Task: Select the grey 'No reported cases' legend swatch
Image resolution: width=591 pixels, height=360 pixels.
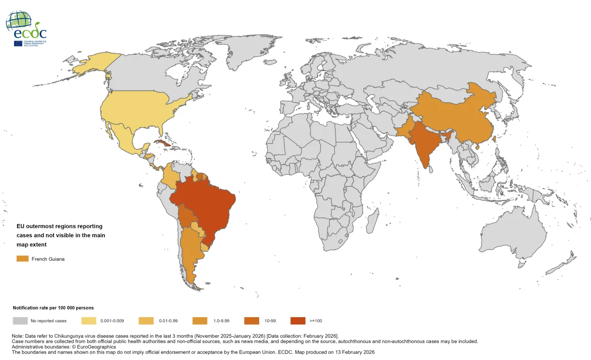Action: pyautogui.click(x=20, y=321)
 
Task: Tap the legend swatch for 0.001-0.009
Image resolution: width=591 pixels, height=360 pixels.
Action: pyautogui.click(x=88, y=321)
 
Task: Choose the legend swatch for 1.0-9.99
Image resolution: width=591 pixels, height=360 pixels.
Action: pyautogui.click(x=201, y=321)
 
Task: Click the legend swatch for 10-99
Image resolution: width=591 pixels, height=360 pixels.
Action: pyautogui.click(x=252, y=321)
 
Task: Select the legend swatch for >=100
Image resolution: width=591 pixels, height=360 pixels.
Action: pyautogui.click(x=298, y=321)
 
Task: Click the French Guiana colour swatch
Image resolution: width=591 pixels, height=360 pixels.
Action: pyautogui.click(x=22, y=259)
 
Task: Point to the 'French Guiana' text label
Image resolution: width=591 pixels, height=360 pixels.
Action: pyautogui.click(x=48, y=259)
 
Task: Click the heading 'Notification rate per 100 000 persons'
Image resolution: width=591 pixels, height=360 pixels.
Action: pyautogui.click(x=53, y=308)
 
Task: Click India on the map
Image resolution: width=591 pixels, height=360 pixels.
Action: pyautogui.click(x=424, y=146)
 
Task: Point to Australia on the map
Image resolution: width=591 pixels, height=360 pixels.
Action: pyautogui.click(x=515, y=237)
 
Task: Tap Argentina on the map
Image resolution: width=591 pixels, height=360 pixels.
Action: pyautogui.click(x=192, y=256)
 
